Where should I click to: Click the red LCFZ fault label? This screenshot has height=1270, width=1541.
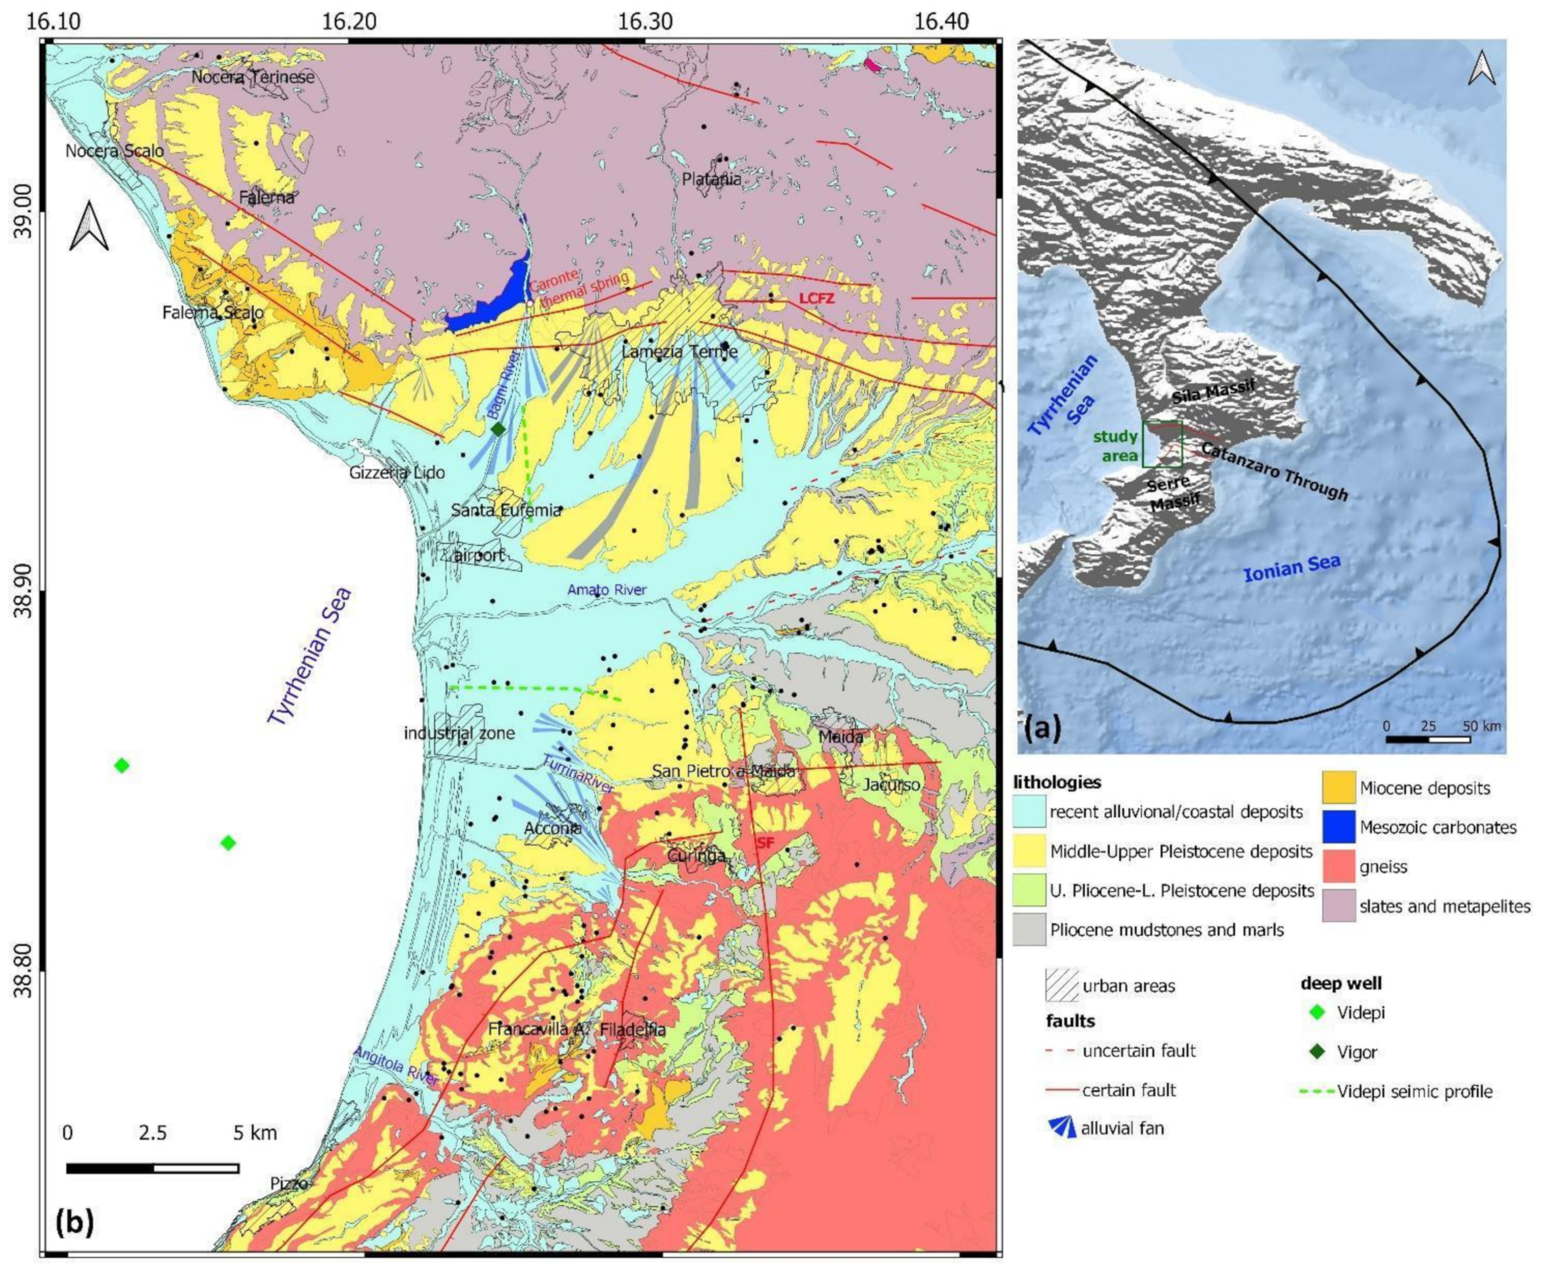point(816,298)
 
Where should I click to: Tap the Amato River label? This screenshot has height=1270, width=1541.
point(607,590)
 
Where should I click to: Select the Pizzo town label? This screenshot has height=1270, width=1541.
point(289,1183)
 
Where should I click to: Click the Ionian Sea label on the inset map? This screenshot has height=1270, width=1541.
point(1292,568)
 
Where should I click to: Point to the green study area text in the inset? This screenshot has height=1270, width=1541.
point(1115,446)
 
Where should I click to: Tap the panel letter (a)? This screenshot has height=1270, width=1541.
point(1042,728)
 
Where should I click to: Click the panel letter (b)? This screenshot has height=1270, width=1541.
point(74,1222)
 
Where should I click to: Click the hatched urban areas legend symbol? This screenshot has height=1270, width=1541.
point(1062,985)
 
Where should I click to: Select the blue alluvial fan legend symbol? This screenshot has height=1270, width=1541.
point(1062,1127)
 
